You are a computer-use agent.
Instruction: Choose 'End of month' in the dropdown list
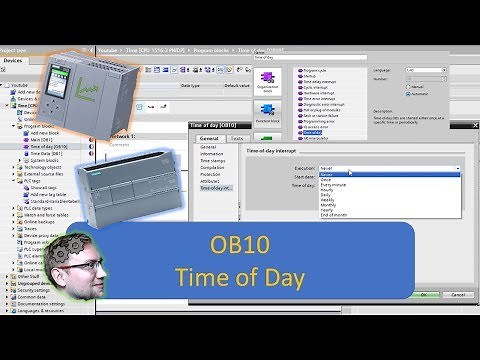[x=336, y=216]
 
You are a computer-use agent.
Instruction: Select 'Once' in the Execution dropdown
[x=327, y=180]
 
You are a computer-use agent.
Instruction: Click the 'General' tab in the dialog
[x=208, y=139]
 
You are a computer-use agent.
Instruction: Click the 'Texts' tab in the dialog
[x=236, y=139]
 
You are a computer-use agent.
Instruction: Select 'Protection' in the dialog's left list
[x=213, y=172]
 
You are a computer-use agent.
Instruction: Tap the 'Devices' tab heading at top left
[x=14, y=60]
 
